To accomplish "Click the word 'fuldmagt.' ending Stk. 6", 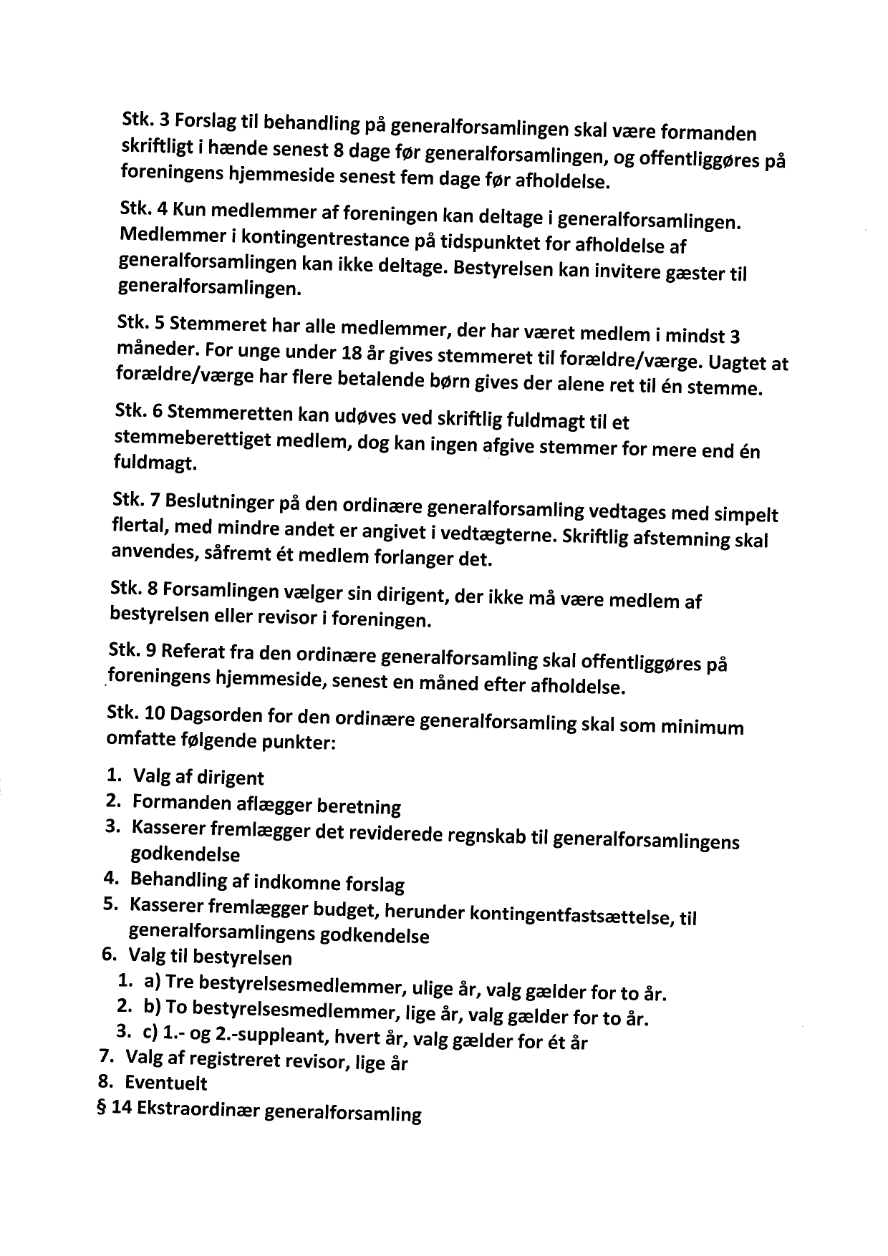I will pyautogui.click(x=154, y=463).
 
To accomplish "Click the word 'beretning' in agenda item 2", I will pyautogui.click(x=358, y=807).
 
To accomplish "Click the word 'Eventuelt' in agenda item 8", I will pyautogui.click(x=166, y=1082).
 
